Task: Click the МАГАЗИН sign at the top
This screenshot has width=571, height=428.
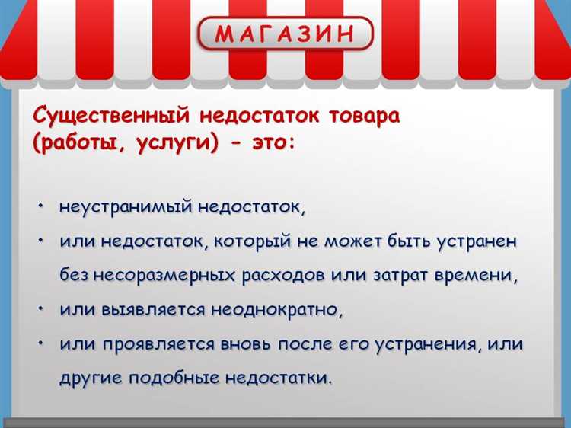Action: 285,34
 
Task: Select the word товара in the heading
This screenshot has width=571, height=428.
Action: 364,117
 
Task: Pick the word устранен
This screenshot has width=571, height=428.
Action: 477,241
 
